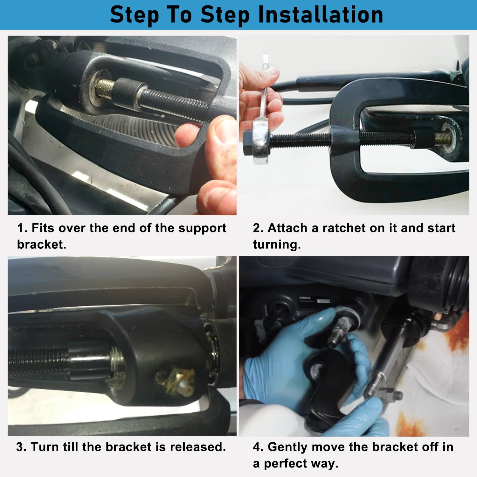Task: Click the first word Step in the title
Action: click(134, 15)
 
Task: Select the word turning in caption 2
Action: click(277, 245)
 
